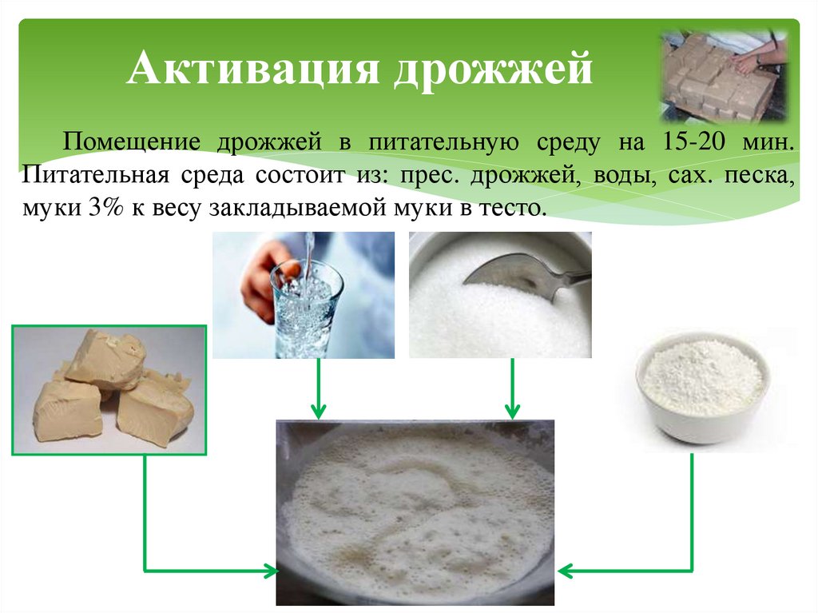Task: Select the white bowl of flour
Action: [x=702, y=387]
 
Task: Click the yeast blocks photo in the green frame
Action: [x=109, y=390]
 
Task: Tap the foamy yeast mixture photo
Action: [x=415, y=511]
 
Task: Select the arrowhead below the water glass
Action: [x=319, y=412]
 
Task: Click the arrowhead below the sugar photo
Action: [x=511, y=412]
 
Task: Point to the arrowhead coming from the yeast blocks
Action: [x=270, y=571]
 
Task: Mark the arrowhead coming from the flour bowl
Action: [x=564, y=571]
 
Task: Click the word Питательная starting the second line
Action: [x=94, y=175]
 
